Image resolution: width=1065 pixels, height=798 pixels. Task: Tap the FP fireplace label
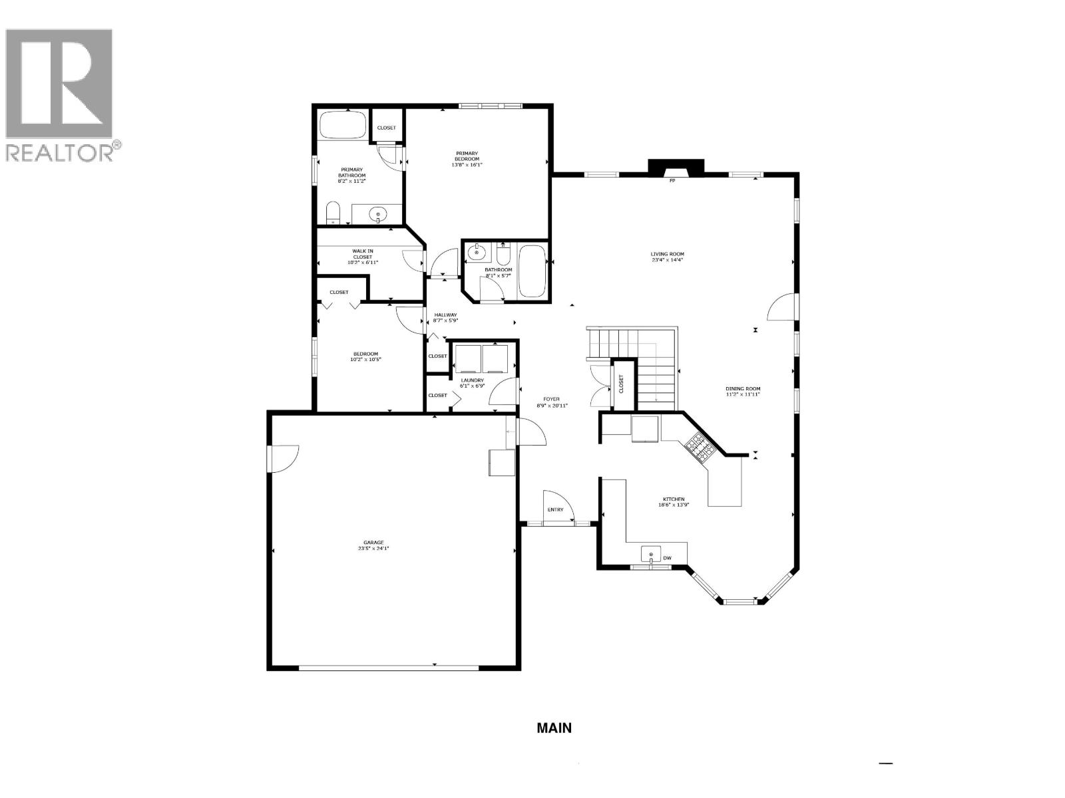coord(672,180)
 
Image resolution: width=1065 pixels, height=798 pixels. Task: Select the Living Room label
coord(667,254)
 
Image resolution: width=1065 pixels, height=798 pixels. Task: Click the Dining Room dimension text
coord(743,394)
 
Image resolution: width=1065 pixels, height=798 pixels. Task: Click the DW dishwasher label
coord(667,558)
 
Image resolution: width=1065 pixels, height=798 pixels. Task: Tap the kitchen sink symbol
coord(651,555)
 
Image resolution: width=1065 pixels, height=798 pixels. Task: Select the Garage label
coord(373,543)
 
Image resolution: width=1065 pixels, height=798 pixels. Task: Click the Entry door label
coord(555,510)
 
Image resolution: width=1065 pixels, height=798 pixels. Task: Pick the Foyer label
coord(552,399)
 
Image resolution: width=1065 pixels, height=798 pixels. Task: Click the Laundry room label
coord(473,380)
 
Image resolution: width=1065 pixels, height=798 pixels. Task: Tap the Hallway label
coord(445,315)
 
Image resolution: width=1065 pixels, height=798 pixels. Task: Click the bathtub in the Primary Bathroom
coord(342,124)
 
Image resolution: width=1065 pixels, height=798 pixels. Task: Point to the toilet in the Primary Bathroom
coord(333,213)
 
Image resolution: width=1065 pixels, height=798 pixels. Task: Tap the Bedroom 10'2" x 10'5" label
coord(365,354)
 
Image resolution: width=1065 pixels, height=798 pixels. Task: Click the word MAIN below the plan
coord(554,728)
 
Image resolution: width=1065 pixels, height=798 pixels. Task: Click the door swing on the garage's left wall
coord(285,459)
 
